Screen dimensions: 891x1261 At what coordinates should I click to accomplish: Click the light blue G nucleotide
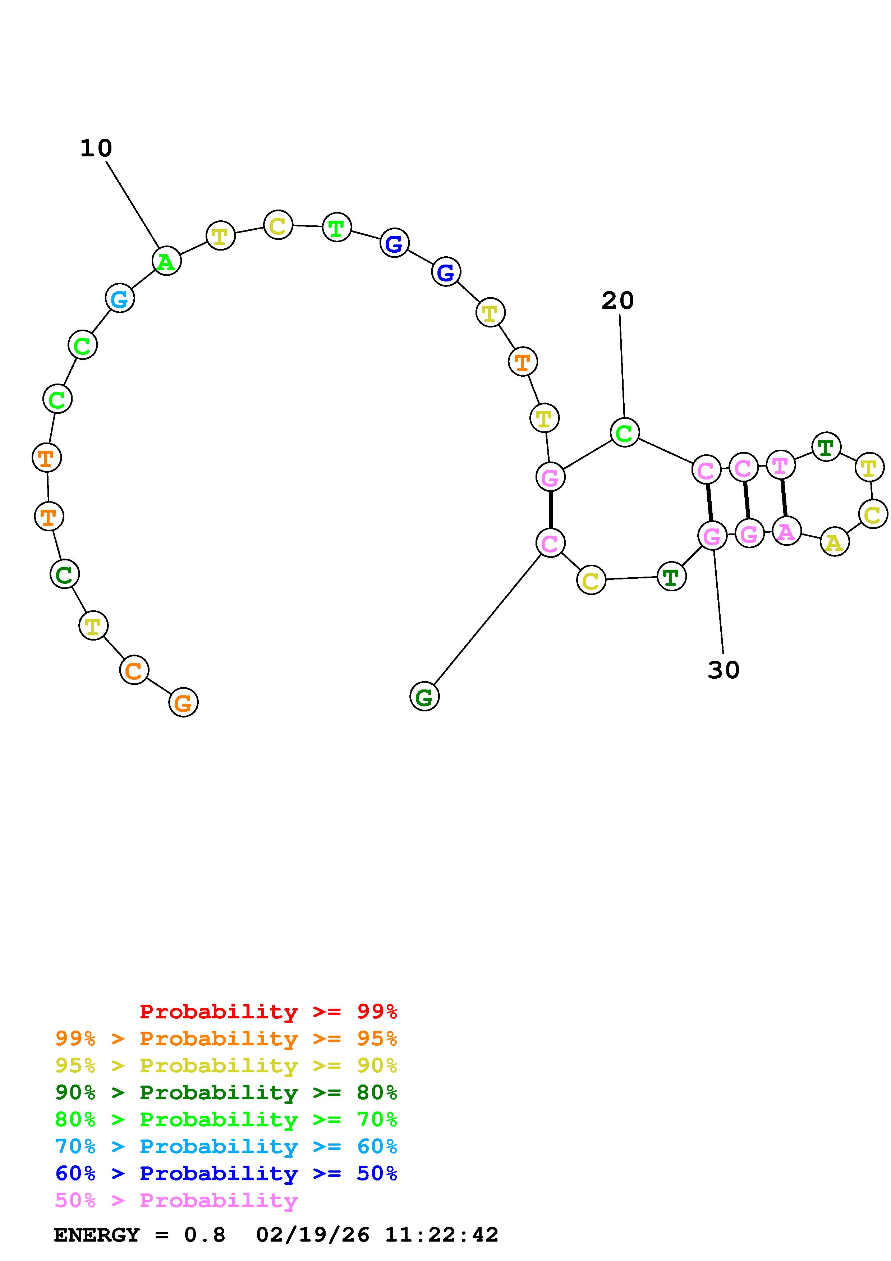pos(120,298)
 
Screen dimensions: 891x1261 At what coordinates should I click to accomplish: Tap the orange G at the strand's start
pos(183,702)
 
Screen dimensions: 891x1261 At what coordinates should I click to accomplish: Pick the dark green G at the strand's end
pos(424,696)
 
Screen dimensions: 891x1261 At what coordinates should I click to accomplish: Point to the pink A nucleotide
pos(786,531)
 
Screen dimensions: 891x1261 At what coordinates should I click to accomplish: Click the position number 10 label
pos(96,148)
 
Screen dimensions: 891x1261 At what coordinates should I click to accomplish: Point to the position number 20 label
pos(617,301)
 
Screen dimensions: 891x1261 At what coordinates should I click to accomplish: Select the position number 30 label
pos(724,670)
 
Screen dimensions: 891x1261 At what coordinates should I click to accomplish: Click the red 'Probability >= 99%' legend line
pos(268,1012)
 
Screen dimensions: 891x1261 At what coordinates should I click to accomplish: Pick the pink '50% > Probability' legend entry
pos(176,1201)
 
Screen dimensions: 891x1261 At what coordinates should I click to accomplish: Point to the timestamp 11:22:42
pos(441,1235)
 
